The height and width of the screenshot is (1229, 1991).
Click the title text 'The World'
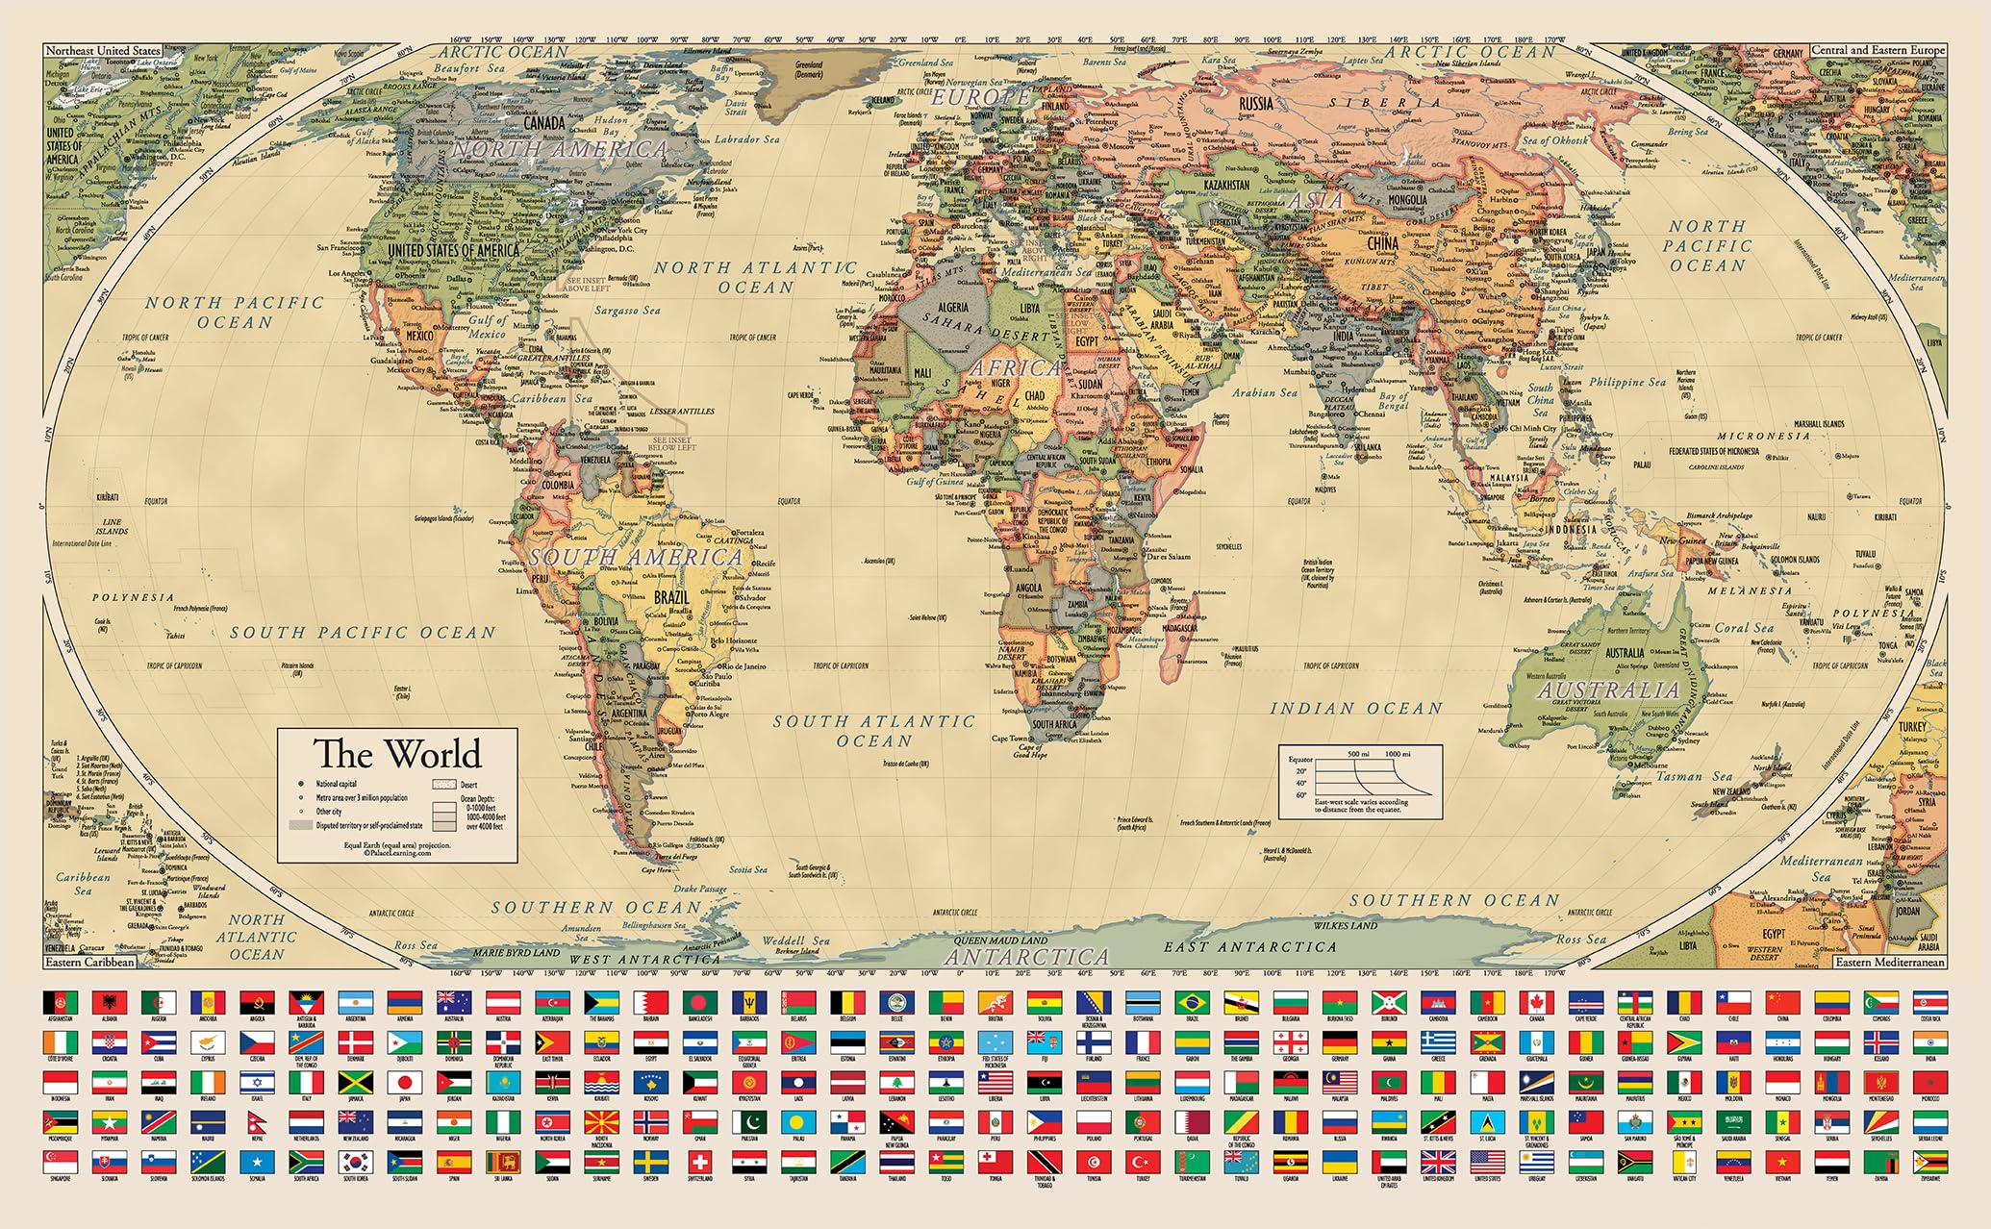pos(397,753)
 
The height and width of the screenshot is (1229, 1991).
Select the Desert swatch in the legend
pos(444,784)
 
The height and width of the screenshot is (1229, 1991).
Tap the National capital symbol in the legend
pos(301,784)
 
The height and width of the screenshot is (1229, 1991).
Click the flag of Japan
pos(405,1083)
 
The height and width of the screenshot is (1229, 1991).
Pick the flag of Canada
pos(1537,1003)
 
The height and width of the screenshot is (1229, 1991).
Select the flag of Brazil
pos(1192,1003)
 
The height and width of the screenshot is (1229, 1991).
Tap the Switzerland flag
pos(700,1163)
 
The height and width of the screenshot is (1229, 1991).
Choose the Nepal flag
pos(257,1122)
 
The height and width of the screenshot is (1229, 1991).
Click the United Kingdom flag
pos(1438,1163)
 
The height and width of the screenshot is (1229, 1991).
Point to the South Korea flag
pos(355,1163)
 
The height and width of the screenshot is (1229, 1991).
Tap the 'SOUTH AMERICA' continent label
pos(635,557)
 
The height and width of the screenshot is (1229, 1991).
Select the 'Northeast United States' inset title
pos(103,50)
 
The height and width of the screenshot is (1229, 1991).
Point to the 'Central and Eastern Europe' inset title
pos(1878,50)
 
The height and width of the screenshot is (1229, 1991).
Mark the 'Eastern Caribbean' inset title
pos(90,962)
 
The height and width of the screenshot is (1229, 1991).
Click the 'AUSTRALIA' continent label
pos(1607,690)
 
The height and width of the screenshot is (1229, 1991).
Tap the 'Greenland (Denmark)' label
pos(809,69)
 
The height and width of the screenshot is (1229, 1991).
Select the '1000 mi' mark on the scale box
pos(1397,754)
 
